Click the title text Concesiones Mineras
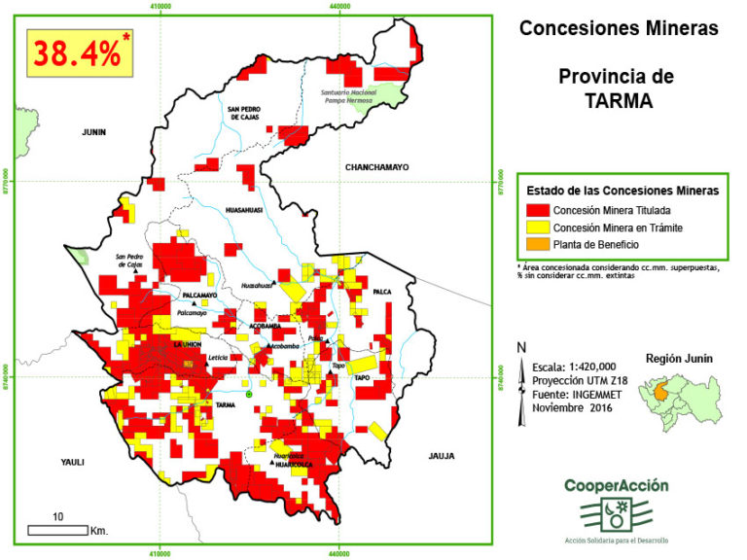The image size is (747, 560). click(x=619, y=28)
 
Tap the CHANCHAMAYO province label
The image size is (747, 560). click(x=376, y=167)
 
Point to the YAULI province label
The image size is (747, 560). click(x=74, y=462)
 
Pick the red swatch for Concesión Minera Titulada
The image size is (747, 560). click(x=538, y=209)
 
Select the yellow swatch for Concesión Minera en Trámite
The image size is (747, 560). click(x=538, y=227)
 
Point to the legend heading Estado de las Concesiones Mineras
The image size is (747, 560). click(x=622, y=191)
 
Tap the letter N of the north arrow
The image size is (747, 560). click(x=522, y=348)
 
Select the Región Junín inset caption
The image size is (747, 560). click(x=679, y=358)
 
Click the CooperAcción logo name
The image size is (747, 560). click(x=616, y=485)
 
